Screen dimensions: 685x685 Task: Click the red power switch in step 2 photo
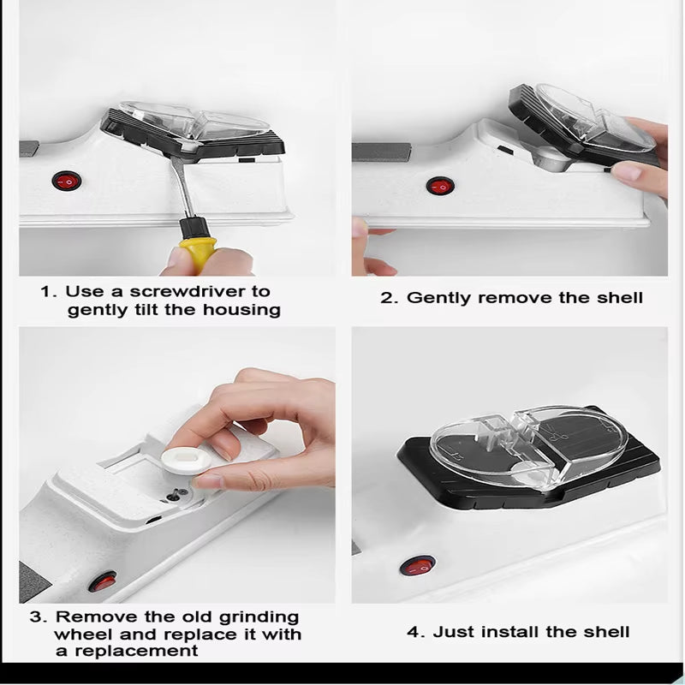pos(441,185)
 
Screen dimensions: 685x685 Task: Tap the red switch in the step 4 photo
pos(419,566)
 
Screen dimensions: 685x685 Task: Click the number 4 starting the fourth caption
pos(413,633)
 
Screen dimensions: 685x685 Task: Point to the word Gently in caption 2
pos(439,298)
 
